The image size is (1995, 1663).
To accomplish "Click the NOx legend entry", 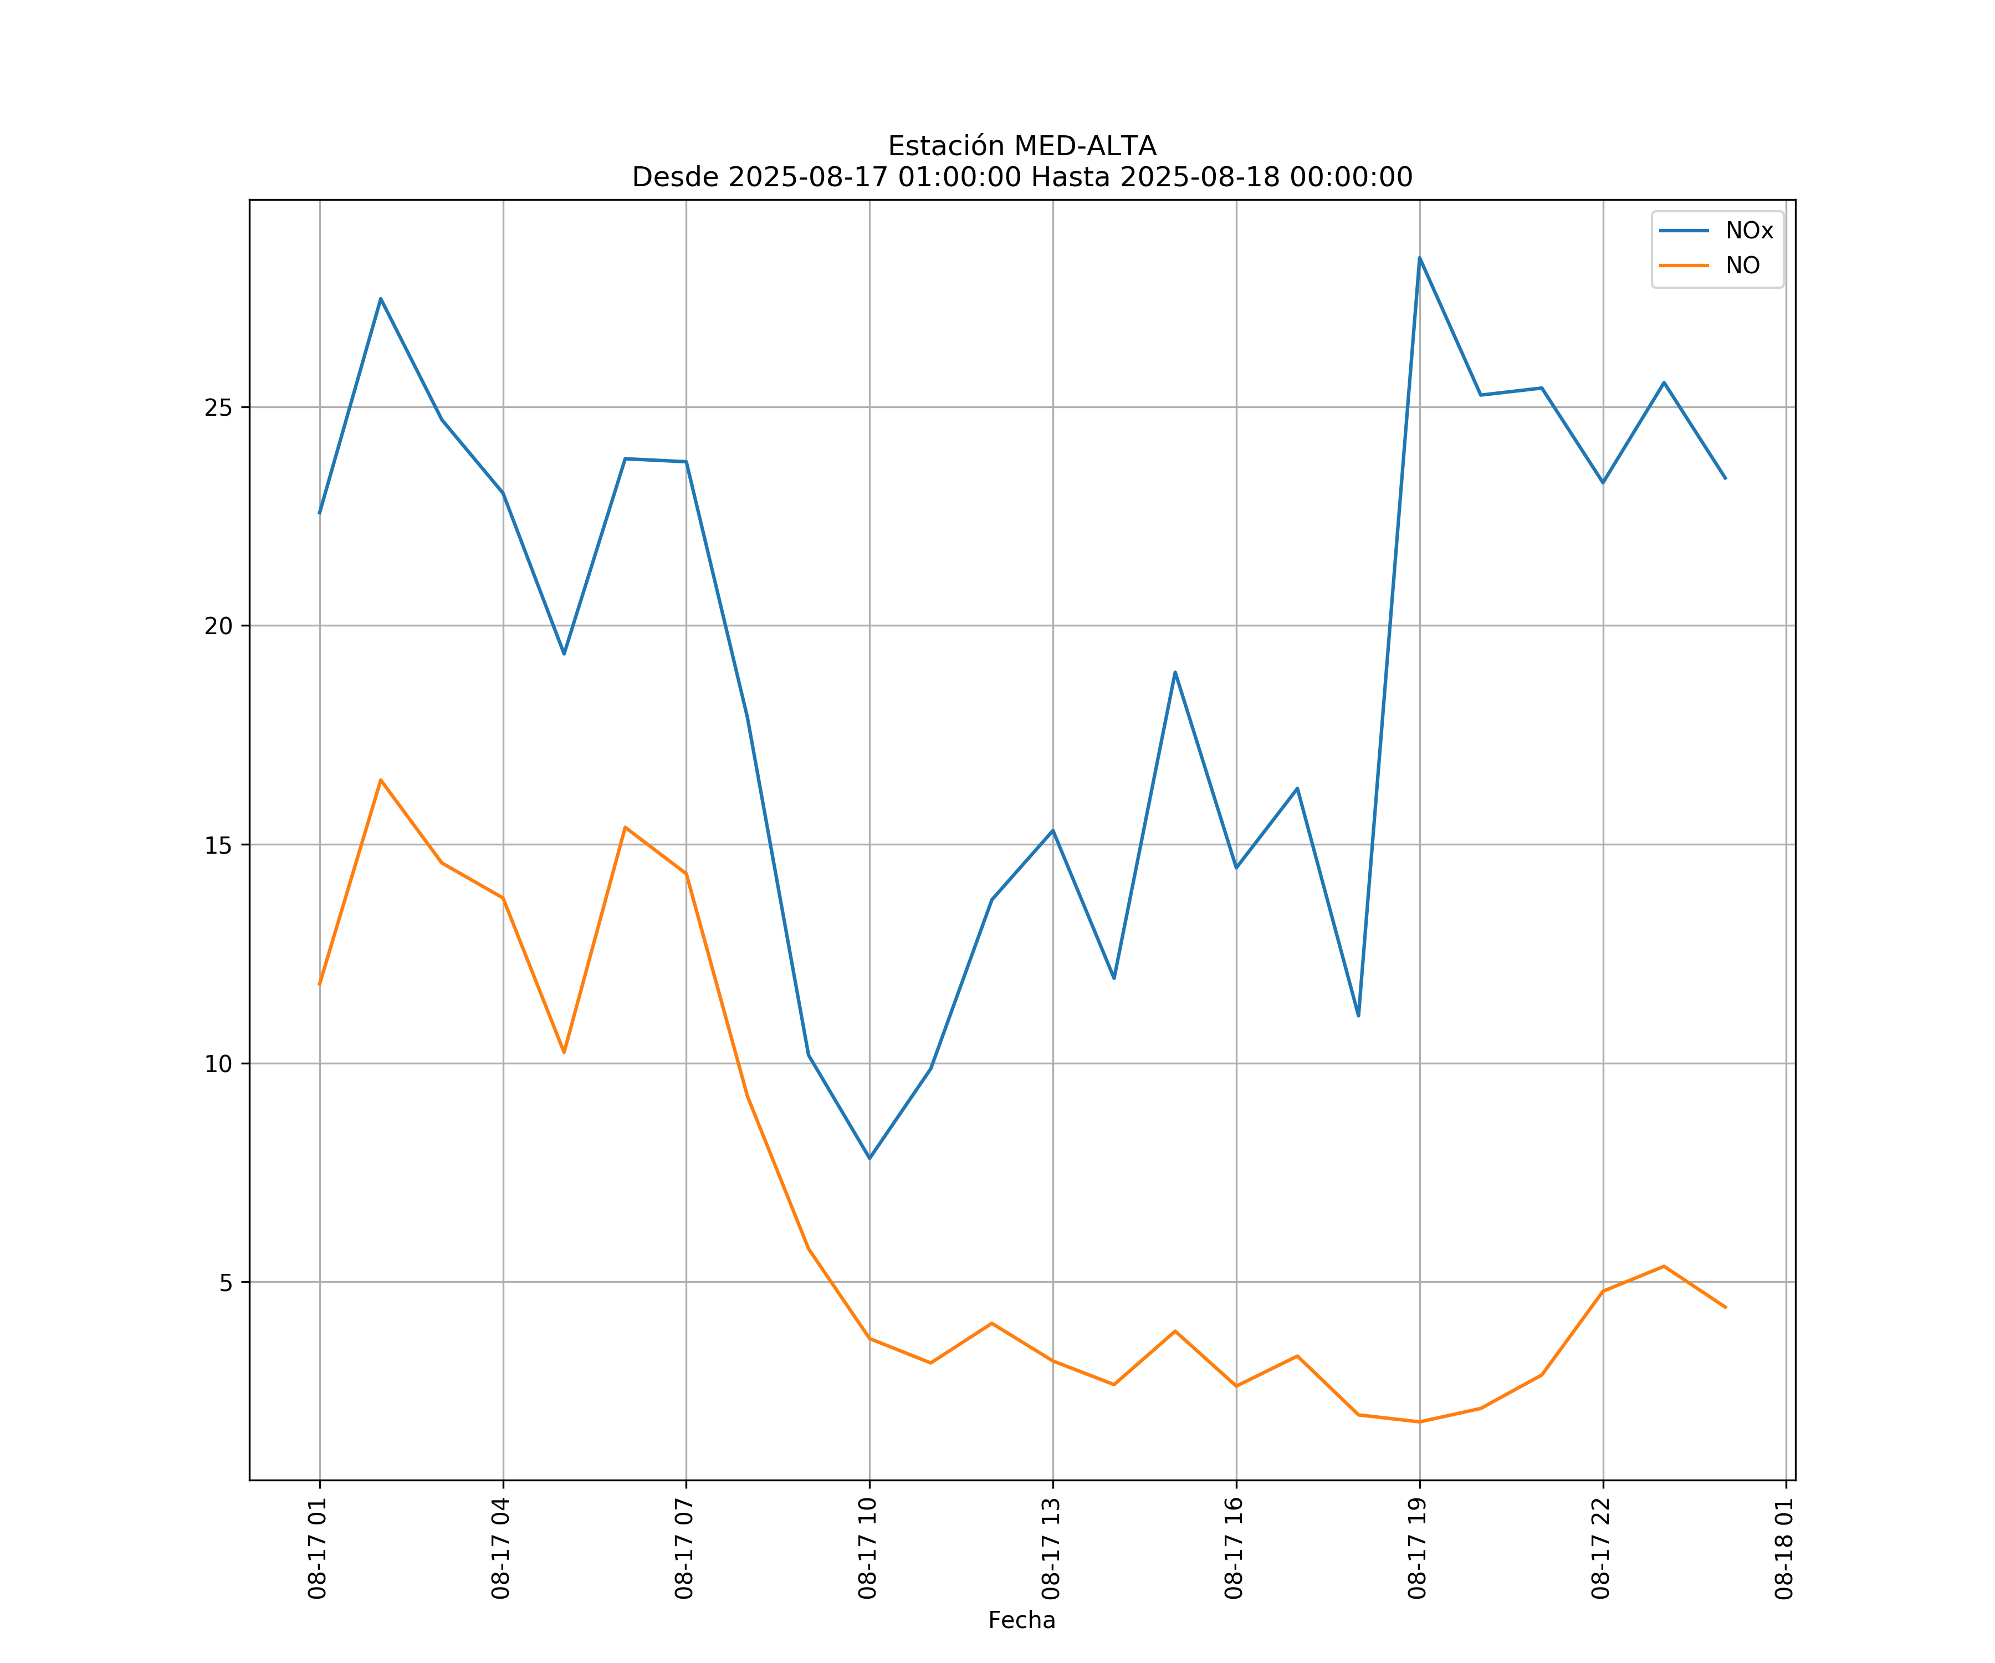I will pyautogui.click(x=1748, y=231).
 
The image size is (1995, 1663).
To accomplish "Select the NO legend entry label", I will pyautogui.click(x=1742, y=266).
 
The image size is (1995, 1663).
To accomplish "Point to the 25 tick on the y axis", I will pyautogui.click(x=218, y=407).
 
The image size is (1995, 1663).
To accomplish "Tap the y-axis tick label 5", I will pyautogui.click(x=225, y=1283).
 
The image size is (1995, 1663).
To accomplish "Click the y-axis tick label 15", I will pyautogui.click(x=218, y=845).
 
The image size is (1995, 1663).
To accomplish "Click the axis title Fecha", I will pyautogui.click(x=1021, y=1620).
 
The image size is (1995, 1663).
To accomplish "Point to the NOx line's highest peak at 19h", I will pyautogui.click(x=1419, y=258).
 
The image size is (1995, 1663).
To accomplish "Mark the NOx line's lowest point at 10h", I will pyautogui.click(x=869, y=1159).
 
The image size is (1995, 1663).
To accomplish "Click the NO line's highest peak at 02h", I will pyautogui.click(x=381, y=780).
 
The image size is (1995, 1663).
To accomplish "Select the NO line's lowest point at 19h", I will pyautogui.click(x=1419, y=1422).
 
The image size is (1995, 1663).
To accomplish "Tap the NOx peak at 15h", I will pyautogui.click(x=1175, y=672).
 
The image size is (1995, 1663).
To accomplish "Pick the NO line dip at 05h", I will pyautogui.click(x=564, y=1052).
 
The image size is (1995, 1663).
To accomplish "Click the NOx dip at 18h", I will pyautogui.click(x=1358, y=1016).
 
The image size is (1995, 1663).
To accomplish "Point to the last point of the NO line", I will pyautogui.click(x=1725, y=1308).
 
